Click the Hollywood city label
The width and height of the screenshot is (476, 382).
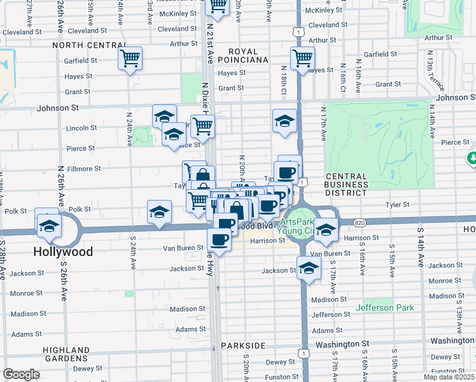63,251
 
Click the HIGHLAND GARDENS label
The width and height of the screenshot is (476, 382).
66,355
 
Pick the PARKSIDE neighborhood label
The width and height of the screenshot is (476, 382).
243,345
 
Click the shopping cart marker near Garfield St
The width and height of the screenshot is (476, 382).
130,59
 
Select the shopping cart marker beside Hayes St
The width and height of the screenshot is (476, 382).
302,59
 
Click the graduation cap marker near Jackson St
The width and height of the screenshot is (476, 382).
309,268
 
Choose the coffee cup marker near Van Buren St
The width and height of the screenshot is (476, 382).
220,239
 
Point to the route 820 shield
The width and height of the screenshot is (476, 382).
360,222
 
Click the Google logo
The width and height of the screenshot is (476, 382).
21,374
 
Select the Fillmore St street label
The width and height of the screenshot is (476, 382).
84,169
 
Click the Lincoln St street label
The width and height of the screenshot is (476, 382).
81,128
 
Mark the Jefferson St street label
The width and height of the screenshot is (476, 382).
331,315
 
